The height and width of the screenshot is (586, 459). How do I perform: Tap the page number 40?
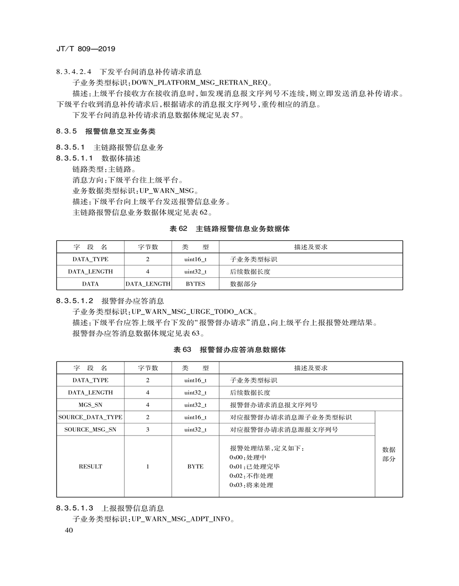pos(69,531)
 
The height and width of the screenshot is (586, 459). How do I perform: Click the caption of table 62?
pos(229,228)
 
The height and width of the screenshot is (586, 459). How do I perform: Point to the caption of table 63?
pos(229,350)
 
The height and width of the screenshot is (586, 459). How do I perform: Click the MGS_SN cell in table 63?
pos(90,405)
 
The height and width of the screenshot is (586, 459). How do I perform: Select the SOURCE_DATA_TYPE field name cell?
pos(90,418)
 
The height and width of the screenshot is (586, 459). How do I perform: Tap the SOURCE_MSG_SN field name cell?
pos(90,430)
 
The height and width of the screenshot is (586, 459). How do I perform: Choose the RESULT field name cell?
pos(90,466)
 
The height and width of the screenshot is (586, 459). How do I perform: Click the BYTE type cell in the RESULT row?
pos(195,466)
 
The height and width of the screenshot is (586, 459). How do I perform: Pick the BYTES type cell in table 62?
pos(195,284)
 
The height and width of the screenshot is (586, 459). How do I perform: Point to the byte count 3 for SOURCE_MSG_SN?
pos(147,430)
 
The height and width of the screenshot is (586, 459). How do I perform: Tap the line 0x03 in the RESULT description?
pos(251,485)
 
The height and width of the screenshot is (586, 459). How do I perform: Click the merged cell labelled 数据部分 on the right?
pos(389,454)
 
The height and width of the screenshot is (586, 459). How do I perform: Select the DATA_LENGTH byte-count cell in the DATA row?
pos(148,284)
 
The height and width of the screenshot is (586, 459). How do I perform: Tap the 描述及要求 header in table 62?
pos(311,247)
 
